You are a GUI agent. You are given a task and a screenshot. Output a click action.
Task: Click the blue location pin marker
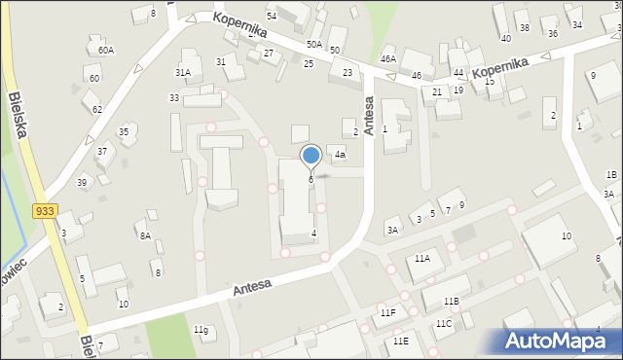pos(311,157)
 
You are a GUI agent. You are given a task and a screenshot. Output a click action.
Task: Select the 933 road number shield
pos(44,211)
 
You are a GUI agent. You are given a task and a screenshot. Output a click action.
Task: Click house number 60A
pos(105,50)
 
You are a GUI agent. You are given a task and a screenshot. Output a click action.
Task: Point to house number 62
pos(96,109)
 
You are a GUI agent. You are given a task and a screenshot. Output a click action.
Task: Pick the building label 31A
pos(182,72)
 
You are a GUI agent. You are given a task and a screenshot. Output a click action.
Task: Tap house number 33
pos(173,98)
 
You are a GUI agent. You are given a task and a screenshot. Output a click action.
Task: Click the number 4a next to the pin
pos(340,154)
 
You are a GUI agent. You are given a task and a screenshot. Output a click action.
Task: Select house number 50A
pos(313,44)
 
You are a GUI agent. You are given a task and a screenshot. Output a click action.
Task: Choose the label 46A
pos(388,59)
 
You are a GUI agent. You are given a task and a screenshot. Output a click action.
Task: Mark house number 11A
pos(421,259)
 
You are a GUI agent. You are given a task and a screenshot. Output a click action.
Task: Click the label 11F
pos(387,313)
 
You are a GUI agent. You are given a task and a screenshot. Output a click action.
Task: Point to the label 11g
pos(201,330)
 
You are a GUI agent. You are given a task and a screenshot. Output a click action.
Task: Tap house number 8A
pos(144,235)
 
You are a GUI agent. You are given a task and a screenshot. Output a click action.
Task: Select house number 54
pos(271,17)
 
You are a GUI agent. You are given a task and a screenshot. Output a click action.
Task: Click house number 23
pos(347,73)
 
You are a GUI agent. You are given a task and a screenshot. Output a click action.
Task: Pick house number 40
pos(505,38)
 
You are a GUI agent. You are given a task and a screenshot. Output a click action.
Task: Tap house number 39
pos(82,182)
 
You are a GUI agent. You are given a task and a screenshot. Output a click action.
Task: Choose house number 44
pos(458,73)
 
